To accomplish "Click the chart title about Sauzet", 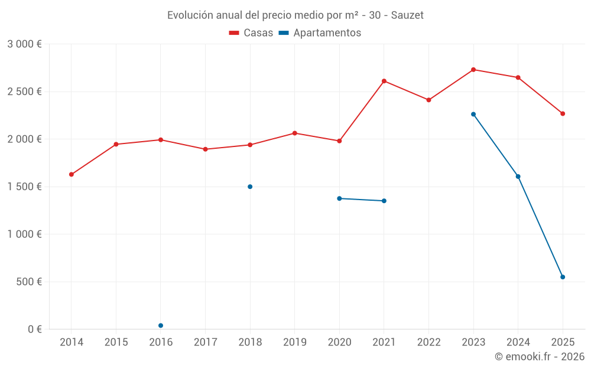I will (x=295, y=15).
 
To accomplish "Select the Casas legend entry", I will (x=251, y=33).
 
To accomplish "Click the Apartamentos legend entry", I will (x=320, y=33).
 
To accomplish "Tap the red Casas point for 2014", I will (x=72, y=174).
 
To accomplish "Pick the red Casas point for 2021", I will (x=384, y=81).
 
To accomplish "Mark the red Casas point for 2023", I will (x=473, y=70).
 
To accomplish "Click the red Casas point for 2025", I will (x=563, y=113).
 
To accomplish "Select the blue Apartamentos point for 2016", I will (x=161, y=325).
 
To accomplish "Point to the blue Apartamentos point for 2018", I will (x=250, y=187).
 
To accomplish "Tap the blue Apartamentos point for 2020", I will (x=339, y=198).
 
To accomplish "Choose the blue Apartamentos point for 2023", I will (x=473, y=114).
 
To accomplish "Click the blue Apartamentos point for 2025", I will (x=563, y=277).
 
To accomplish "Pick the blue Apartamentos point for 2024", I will (x=518, y=177).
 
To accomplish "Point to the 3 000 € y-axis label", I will (x=24, y=44).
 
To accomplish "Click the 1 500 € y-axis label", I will (x=24, y=187).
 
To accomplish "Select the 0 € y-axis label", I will (x=33, y=329).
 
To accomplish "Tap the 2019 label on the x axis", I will (x=295, y=342).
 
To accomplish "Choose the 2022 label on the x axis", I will (x=428, y=342).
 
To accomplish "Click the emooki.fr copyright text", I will (x=540, y=357).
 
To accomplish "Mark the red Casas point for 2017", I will (x=205, y=149).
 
